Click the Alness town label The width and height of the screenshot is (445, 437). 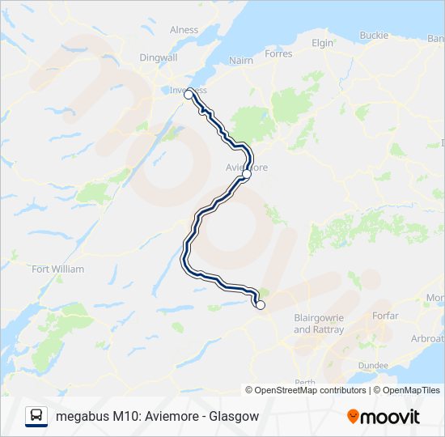click(184, 30)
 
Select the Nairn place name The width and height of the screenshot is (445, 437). click(241, 60)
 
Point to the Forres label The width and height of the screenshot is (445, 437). click(278, 54)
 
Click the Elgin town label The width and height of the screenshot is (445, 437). click(322, 43)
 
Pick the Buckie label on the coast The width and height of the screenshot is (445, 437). click(374, 36)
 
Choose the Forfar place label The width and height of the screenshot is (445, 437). click(385, 316)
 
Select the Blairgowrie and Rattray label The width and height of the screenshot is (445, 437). click(319, 324)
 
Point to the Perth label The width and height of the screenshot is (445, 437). click(305, 382)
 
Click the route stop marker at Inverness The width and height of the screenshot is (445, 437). click(189, 95)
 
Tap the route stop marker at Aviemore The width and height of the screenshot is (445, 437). click(247, 174)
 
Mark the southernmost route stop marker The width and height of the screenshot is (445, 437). click(261, 305)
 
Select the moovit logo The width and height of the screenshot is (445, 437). click(383, 416)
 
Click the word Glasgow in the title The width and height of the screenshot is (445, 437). click(234, 417)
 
